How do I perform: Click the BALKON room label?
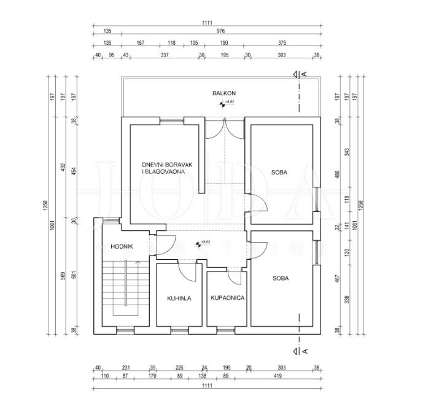[x=223, y=93]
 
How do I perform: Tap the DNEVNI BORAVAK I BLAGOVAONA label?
[x=163, y=168]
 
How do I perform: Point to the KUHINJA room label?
[x=179, y=299]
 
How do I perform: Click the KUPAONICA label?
[x=227, y=298]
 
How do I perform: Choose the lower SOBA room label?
[x=281, y=278]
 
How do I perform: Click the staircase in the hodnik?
[x=125, y=286]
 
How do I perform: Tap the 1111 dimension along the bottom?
[x=206, y=386]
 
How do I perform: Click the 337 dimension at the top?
[x=164, y=55]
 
